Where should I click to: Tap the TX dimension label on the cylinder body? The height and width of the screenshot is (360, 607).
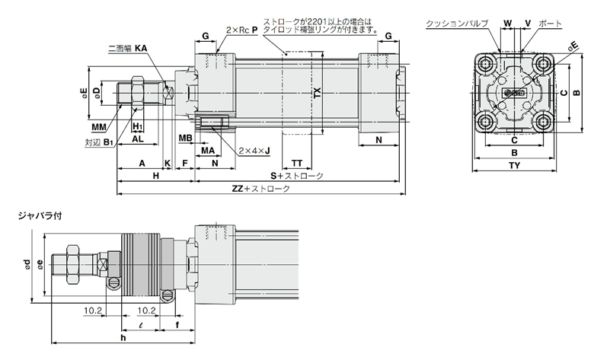click(x=318, y=93)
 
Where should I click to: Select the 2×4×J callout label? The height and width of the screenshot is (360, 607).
click(x=254, y=151)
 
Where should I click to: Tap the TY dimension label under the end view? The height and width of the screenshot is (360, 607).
click(x=514, y=165)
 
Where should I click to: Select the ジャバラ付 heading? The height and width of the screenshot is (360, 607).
click(x=40, y=215)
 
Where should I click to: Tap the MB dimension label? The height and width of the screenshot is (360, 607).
click(x=184, y=138)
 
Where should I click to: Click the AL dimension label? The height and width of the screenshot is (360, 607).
click(x=138, y=139)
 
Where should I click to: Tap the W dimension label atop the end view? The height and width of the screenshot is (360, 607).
click(x=506, y=24)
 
